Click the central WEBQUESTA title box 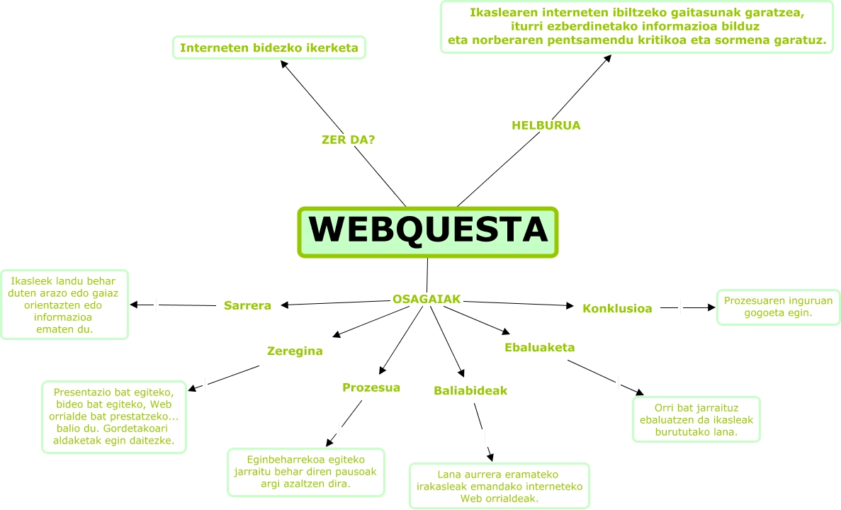click(x=428, y=231)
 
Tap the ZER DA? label click(x=348, y=140)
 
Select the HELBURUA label click(x=546, y=125)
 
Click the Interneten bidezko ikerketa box click(x=269, y=48)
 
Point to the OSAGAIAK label click(x=427, y=300)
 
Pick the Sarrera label click(x=247, y=306)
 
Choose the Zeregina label click(x=295, y=351)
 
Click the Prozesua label click(x=371, y=387)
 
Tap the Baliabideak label click(x=470, y=390)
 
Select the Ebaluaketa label click(x=539, y=347)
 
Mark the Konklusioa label click(x=617, y=308)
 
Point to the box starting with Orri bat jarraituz click(x=696, y=419)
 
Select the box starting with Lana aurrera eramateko click(x=499, y=486)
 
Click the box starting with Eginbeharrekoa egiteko click(x=305, y=471)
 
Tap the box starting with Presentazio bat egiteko click(x=114, y=417)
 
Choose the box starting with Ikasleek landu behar click(x=64, y=304)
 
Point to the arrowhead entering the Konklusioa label click(x=570, y=306)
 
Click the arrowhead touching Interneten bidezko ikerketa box click(x=283, y=62)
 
